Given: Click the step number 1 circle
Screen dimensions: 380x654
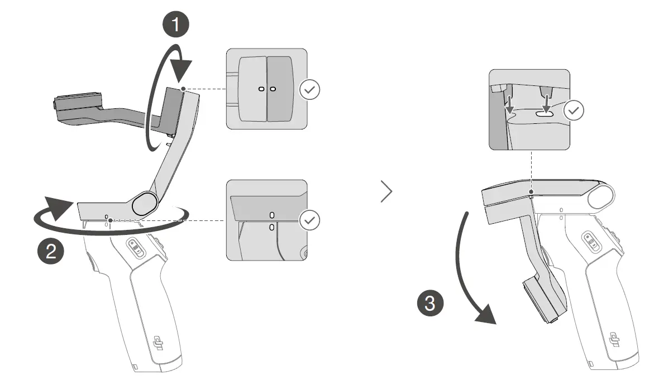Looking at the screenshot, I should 176,25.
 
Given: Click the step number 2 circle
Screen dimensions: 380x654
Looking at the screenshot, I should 51,251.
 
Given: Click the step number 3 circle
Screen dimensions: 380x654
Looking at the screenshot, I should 431,304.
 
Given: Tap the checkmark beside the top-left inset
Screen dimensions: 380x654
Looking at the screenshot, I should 310,89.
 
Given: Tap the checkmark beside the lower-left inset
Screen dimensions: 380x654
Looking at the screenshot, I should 310,220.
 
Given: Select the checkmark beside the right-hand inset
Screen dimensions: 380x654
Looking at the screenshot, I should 574,110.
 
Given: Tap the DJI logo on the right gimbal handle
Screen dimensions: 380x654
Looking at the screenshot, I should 615,340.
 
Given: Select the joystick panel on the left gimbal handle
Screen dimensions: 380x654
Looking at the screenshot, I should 135,248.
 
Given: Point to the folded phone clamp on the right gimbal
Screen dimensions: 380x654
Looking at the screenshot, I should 542,301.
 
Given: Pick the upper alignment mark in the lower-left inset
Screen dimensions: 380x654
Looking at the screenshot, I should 272,215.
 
